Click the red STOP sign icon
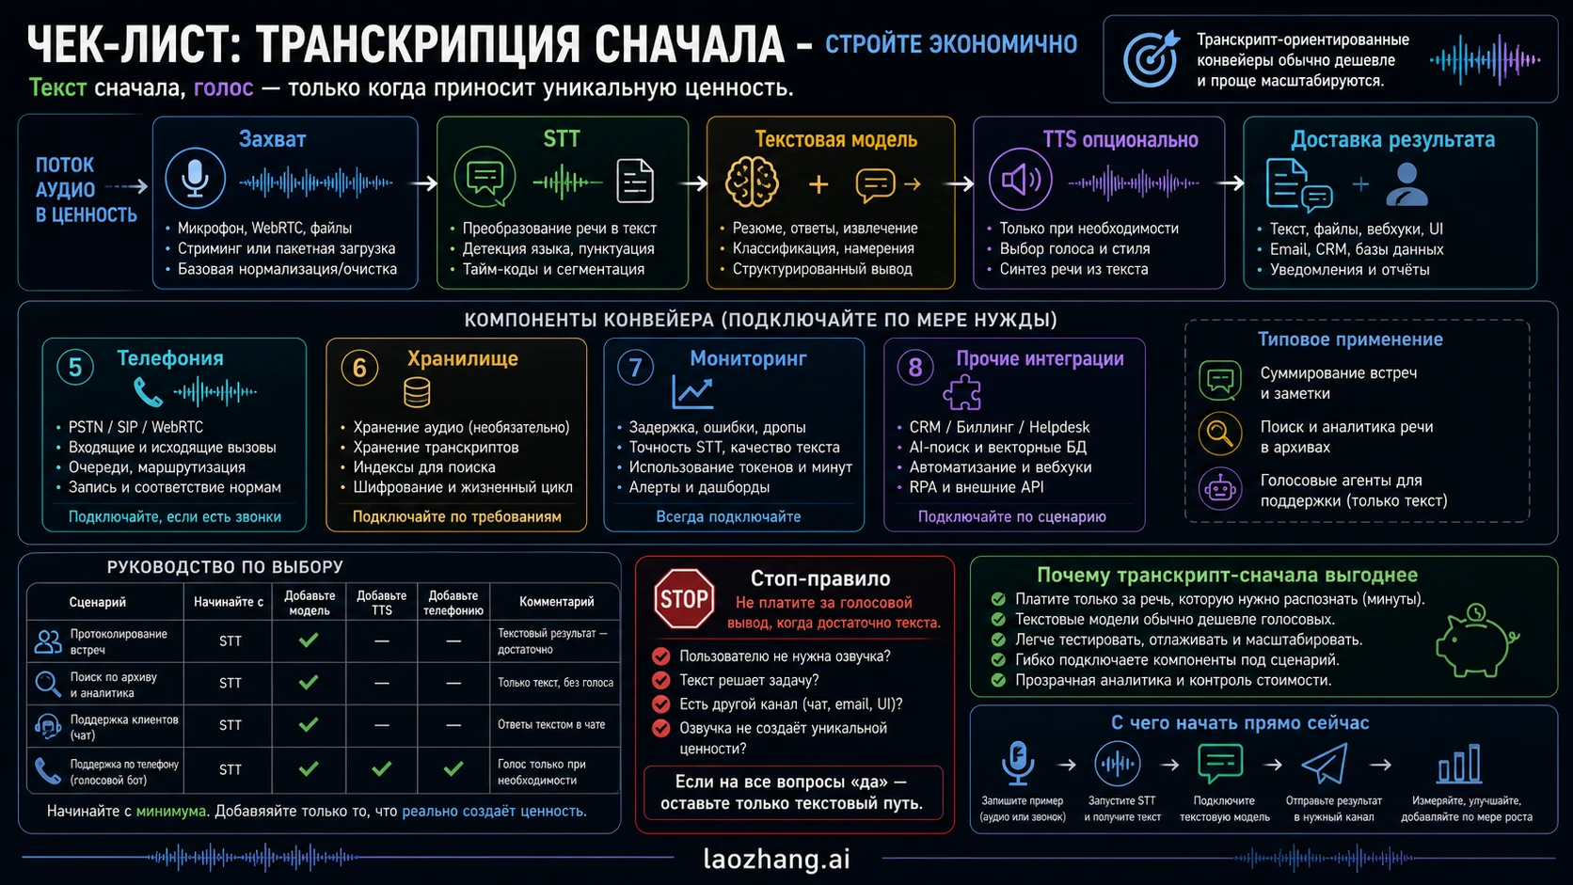pos(684,598)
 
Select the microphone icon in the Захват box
pos(196,179)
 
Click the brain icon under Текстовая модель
pos(752,182)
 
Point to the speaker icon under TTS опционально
pos(1021,180)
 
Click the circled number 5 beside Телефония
pos(75,367)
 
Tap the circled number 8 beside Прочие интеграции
pos(915,367)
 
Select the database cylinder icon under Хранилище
pos(417,393)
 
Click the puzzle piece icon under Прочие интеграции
pos(962,392)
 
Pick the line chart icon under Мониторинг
pos(692,392)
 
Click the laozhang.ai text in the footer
pos(777,859)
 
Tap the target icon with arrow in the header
pos(1151,58)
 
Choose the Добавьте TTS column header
pos(381,603)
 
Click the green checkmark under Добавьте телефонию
pos(453,768)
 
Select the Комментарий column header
pos(556,602)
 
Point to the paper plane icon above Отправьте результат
pos(1326,763)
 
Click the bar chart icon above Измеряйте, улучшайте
pos(1458,763)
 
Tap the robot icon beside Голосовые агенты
pos(1220,488)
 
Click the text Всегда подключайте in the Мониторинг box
pos(728,516)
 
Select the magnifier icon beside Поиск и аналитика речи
pos(1220,434)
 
